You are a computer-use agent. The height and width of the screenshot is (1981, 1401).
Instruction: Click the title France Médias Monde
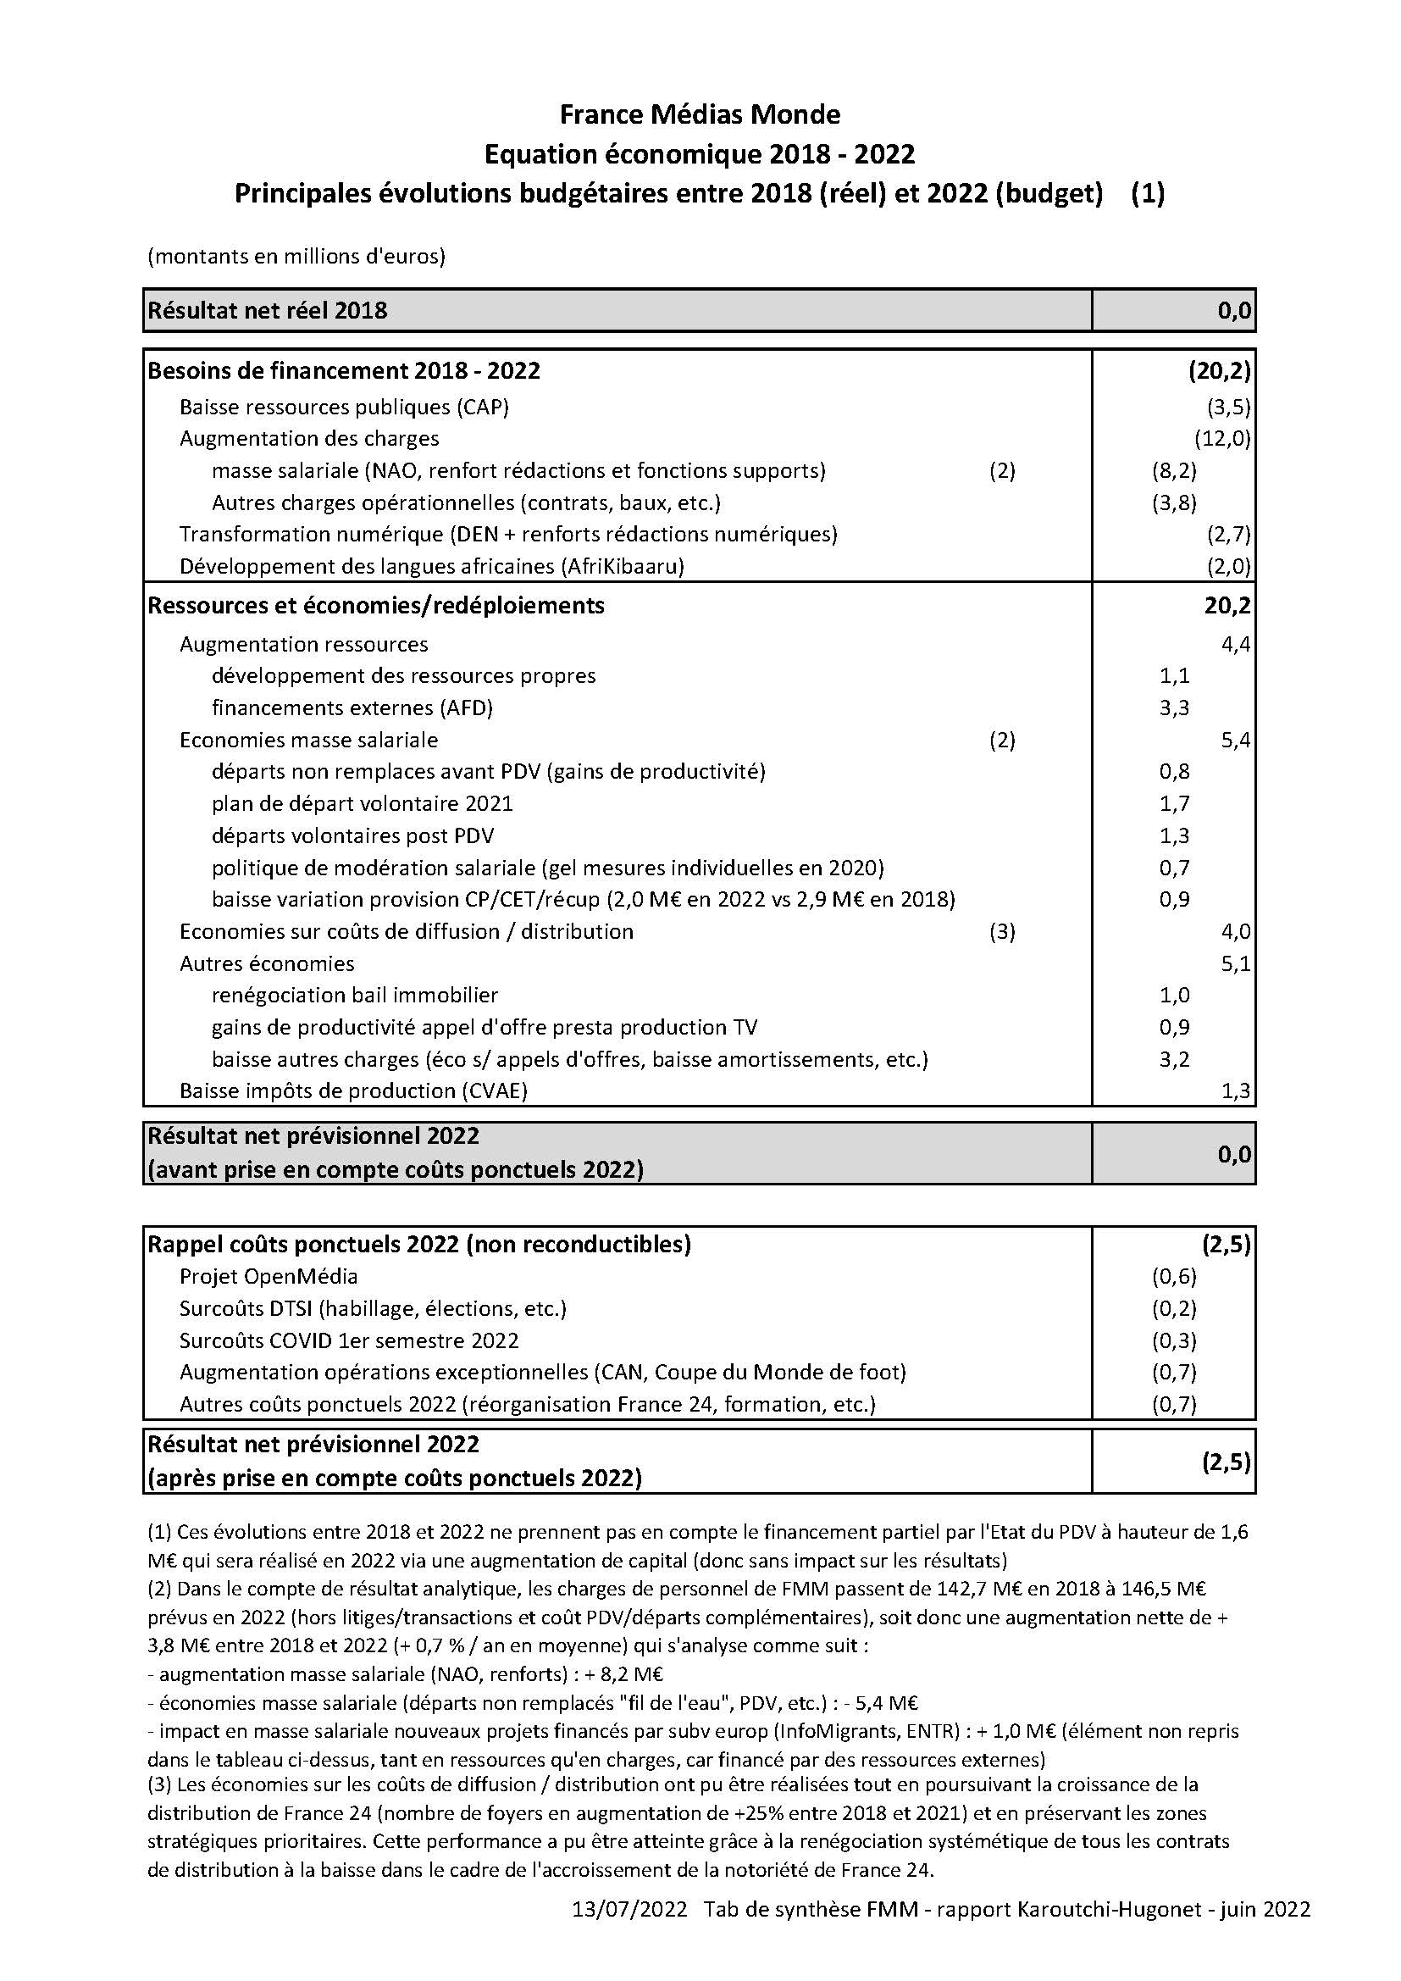click(700, 114)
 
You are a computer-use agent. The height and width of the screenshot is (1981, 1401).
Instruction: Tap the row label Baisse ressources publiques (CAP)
click(344, 408)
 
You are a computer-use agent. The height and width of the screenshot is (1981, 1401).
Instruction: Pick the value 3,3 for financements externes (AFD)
click(1174, 707)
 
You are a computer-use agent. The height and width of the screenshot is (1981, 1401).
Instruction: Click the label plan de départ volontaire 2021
click(363, 803)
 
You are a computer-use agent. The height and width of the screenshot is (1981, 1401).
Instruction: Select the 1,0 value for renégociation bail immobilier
click(1174, 995)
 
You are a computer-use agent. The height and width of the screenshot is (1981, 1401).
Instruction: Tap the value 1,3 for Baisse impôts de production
click(1235, 1090)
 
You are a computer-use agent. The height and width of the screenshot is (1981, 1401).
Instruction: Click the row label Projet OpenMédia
click(269, 1276)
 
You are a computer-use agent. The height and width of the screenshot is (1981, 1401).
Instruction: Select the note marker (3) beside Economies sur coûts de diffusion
click(1001, 931)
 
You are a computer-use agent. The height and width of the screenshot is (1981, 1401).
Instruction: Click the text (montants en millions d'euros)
click(296, 256)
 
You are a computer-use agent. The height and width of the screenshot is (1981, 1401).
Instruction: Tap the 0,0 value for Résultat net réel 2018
click(1234, 311)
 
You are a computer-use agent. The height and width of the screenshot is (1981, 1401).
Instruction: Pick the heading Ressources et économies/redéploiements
click(376, 606)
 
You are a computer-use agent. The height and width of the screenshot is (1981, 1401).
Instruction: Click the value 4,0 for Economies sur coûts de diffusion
click(1235, 931)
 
